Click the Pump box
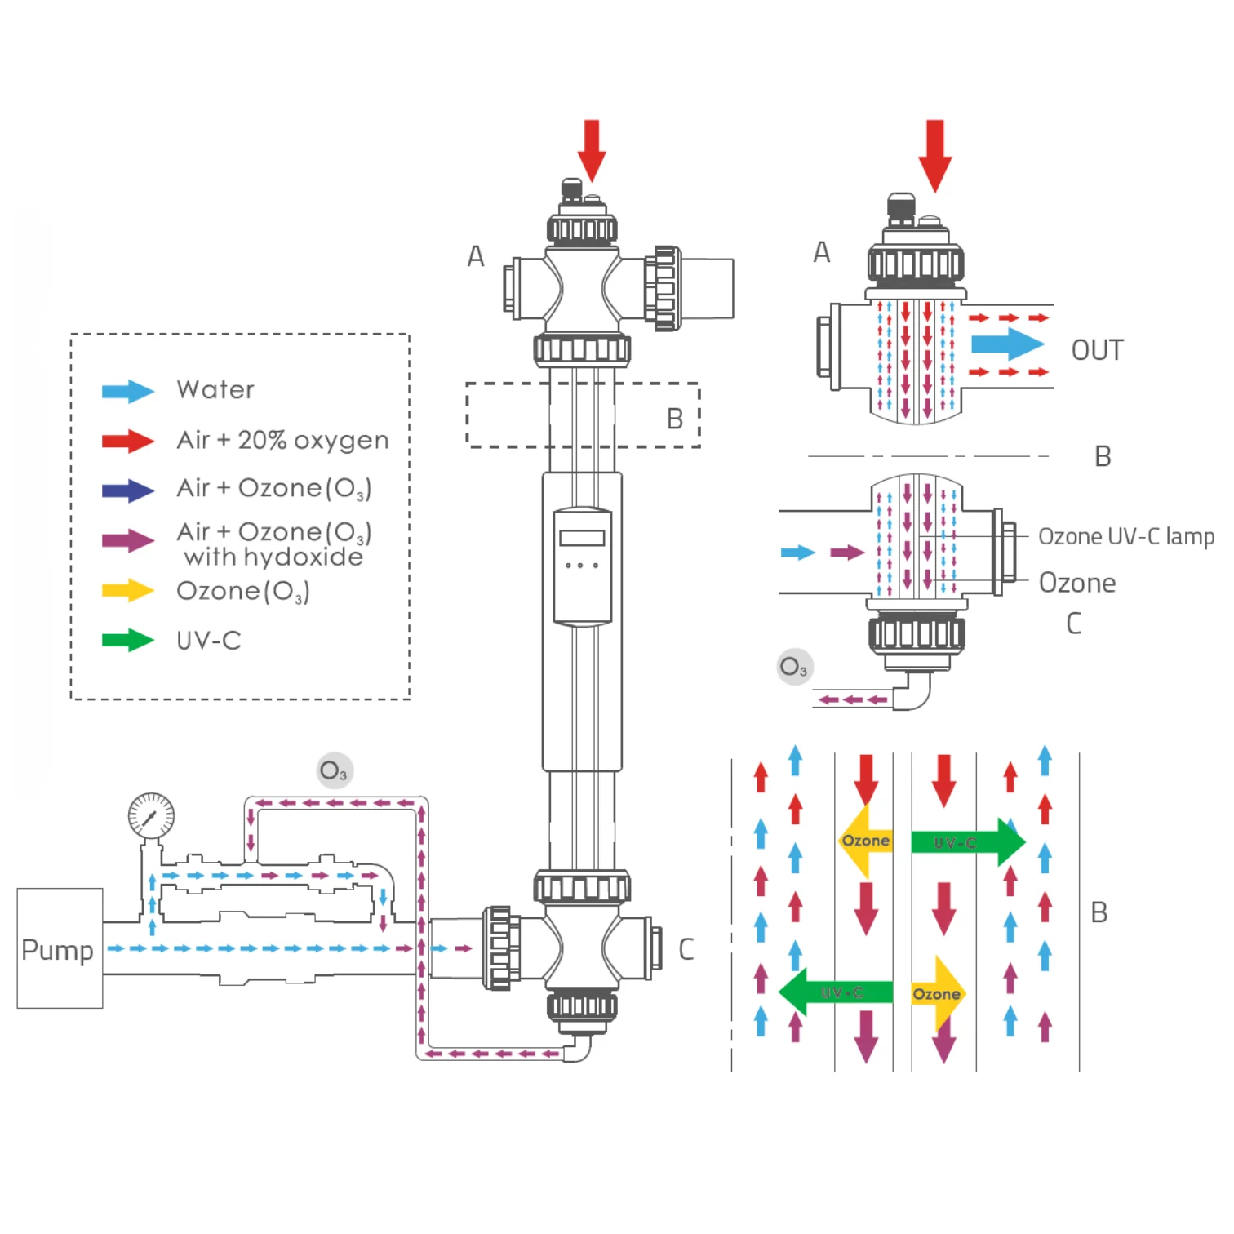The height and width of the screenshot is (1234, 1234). click(x=60, y=948)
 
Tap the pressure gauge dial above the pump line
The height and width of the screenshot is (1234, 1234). click(x=151, y=815)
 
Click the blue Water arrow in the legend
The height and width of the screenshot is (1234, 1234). click(x=127, y=391)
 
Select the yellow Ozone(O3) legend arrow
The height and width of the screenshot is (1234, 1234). click(x=127, y=591)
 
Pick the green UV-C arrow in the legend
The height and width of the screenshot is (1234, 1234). click(x=127, y=641)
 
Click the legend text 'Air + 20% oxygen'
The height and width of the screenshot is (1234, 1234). click(x=282, y=440)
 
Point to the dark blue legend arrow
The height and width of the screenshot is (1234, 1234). click(x=127, y=490)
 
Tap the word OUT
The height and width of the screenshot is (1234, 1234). click(x=1097, y=350)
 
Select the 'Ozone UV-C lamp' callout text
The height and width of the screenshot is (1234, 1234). click(x=1125, y=536)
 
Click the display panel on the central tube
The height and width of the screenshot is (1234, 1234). click(x=582, y=566)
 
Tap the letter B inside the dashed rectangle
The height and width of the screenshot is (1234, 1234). click(x=674, y=419)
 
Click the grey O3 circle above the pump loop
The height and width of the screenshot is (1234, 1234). click(x=335, y=770)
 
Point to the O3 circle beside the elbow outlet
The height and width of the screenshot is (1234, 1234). click(x=794, y=667)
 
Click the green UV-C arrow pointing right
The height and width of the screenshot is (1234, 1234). click(x=968, y=841)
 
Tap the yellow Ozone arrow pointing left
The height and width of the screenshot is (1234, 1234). click(x=865, y=841)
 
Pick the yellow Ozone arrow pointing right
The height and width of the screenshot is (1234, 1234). click(x=938, y=993)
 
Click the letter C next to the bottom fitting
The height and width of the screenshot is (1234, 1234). click(x=686, y=948)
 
